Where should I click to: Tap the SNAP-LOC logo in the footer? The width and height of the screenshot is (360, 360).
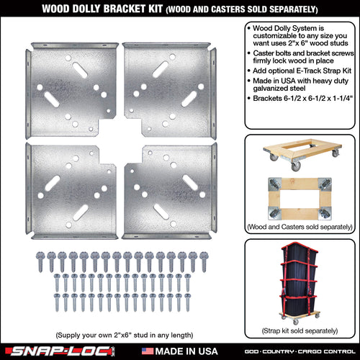[60, 351]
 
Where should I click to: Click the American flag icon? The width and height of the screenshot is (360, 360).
[148, 351]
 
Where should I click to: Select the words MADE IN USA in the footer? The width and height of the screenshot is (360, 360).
[186, 351]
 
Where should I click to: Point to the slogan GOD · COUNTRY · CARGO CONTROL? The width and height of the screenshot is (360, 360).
[300, 351]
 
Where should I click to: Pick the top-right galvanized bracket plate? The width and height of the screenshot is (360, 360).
[169, 90]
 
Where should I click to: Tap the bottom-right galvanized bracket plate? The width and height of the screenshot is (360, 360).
[169, 191]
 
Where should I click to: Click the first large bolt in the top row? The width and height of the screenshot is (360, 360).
[40, 261]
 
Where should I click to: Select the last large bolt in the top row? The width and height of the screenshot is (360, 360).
[204, 261]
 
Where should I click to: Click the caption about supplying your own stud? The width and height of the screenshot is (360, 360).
[125, 335]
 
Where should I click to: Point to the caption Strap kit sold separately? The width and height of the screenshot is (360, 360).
[300, 330]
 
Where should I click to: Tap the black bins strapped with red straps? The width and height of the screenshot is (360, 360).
[300, 279]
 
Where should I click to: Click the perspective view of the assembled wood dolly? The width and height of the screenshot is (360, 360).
[302, 153]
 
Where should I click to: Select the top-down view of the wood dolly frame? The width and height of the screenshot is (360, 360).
[300, 199]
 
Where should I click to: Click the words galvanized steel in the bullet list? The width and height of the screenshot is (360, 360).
[279, 89]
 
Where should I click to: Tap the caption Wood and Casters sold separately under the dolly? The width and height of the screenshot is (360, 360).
[300, 227]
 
